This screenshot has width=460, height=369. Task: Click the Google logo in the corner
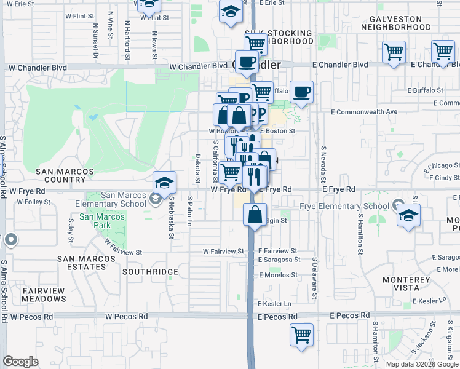coord(20,361)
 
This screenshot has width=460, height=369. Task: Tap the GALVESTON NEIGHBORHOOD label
coord(404,23)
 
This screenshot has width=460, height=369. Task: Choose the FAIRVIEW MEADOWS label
coord(44,294)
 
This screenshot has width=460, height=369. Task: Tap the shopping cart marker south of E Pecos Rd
coord(301,335)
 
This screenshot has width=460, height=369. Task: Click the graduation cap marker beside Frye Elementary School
coord(408,215)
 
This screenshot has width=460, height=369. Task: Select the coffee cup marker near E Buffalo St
coord(301,92)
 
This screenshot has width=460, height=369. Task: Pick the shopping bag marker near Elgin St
coord(254,215)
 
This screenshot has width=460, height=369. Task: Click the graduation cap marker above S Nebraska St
coord(165,182)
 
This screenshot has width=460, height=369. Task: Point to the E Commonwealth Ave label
coord(364,112)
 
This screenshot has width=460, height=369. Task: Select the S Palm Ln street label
coord(190,211)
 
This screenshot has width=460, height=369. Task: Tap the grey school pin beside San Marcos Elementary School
coord(154,199)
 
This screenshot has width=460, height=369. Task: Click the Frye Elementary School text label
coord(344,207)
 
